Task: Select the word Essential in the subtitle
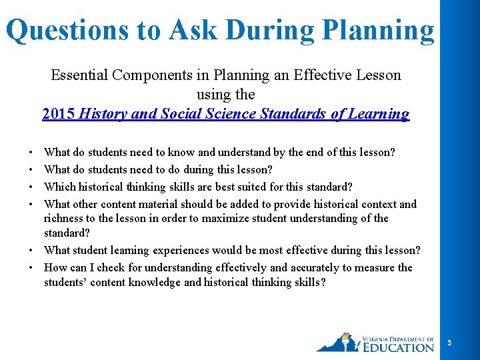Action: pyautogui.click(x=78, y=75)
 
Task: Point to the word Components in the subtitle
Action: pyautogui.click(x=146, y=75)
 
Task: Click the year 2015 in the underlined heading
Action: pyautogui.click(x=59, y=113)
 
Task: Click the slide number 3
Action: pyautogui.click(x=449, y=343)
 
